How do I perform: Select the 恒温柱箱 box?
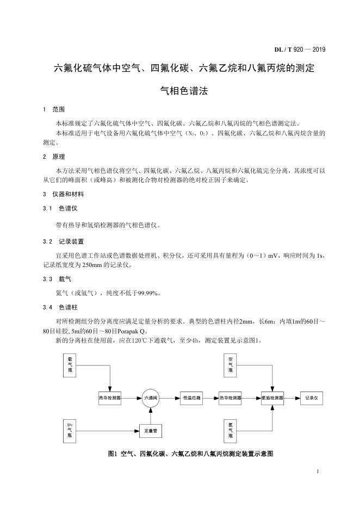pyautogui.click(x=192, y=398)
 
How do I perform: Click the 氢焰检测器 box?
pyautogui.click(x=271, y=398)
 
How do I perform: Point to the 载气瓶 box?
pyautogui.click(x=70, y=365)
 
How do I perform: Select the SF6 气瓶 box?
pyautogui.click(x=70, y=430)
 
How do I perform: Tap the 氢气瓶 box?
pyautogui.click(x=231, y=431)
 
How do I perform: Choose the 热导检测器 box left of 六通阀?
pyautogui.click(x=109, y=398)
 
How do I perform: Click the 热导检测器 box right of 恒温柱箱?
pyautogui.click(x=231, y=398)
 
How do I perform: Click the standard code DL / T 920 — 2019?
pyautogui.click(x=299, y=50)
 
